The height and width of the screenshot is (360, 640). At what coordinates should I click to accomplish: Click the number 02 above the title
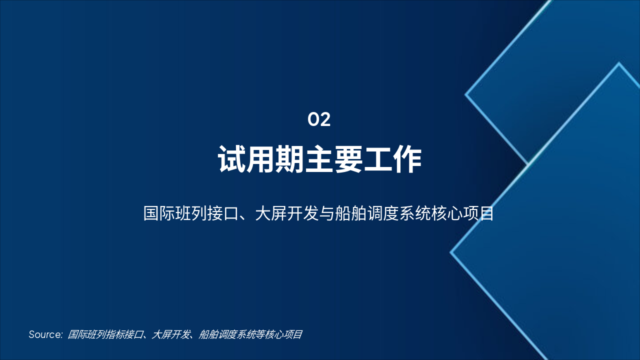[x=319, y=120]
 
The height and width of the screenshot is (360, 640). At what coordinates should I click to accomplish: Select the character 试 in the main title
[x=232, y=160]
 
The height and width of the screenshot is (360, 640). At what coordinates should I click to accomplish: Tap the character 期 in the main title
[x=290, y=160]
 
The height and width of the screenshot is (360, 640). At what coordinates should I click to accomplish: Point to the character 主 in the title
[x=319, y=160]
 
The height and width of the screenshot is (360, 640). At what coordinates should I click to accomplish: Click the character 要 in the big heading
[x=348, y=160]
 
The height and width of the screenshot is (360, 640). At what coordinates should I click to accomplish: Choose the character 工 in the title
[x=378, y=160]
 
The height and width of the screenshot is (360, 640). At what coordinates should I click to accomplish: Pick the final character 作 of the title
[x=407, y=160]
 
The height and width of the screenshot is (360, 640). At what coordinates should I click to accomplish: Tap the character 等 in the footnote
[x=260, y=335]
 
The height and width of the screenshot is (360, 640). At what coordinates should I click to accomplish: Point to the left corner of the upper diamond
[x=466, y=93]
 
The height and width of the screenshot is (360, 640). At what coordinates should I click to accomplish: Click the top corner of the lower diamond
[x=619, y=63]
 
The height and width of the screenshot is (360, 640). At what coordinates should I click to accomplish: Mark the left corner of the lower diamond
[x=451, y=252]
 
